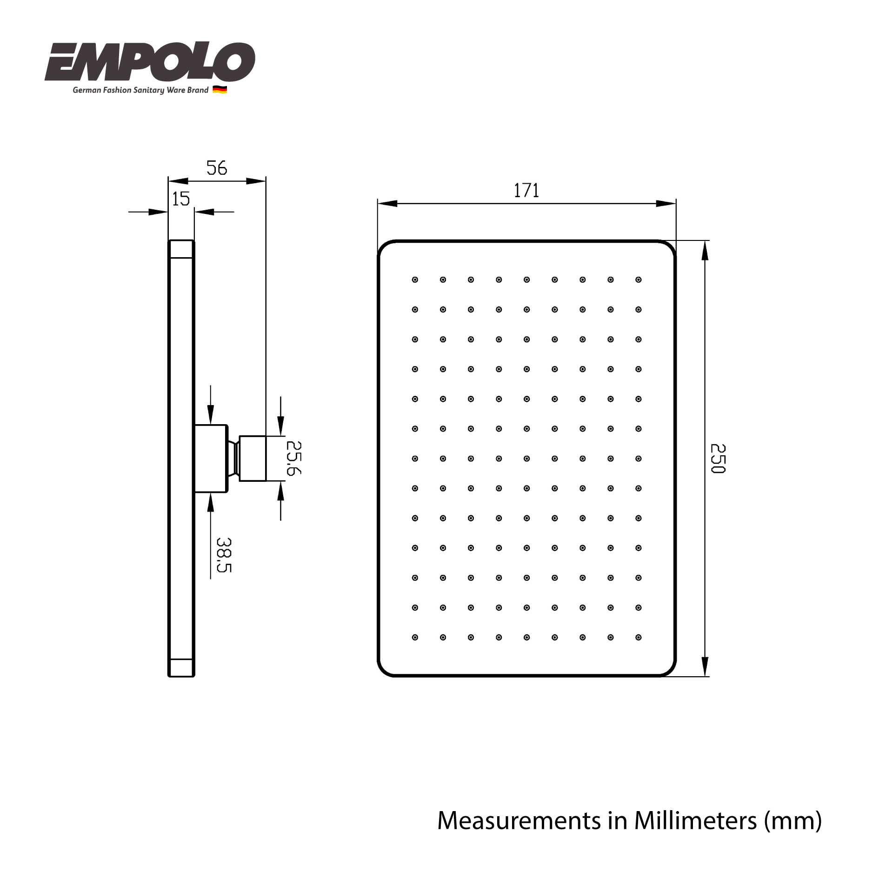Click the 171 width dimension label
[526, 191]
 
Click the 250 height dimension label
[718, 459]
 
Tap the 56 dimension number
[217, 168]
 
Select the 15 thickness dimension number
[181, 199]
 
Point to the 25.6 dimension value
[293, 458]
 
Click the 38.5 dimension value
[224, 555]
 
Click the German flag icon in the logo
[220, 90]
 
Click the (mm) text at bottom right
[793, 821]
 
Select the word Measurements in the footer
[519, 820]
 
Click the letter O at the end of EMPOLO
[234, 61]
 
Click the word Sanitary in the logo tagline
[149, 90]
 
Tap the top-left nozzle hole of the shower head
[415, 280]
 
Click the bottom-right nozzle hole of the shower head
[638, 637]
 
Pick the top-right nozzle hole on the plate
[638, 280]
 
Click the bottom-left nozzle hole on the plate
[415, 637]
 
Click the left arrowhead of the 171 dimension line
[388, 203]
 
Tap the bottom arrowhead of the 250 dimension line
[705, 666]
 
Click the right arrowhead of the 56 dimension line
[256, 181]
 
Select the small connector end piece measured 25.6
[253, 458]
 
